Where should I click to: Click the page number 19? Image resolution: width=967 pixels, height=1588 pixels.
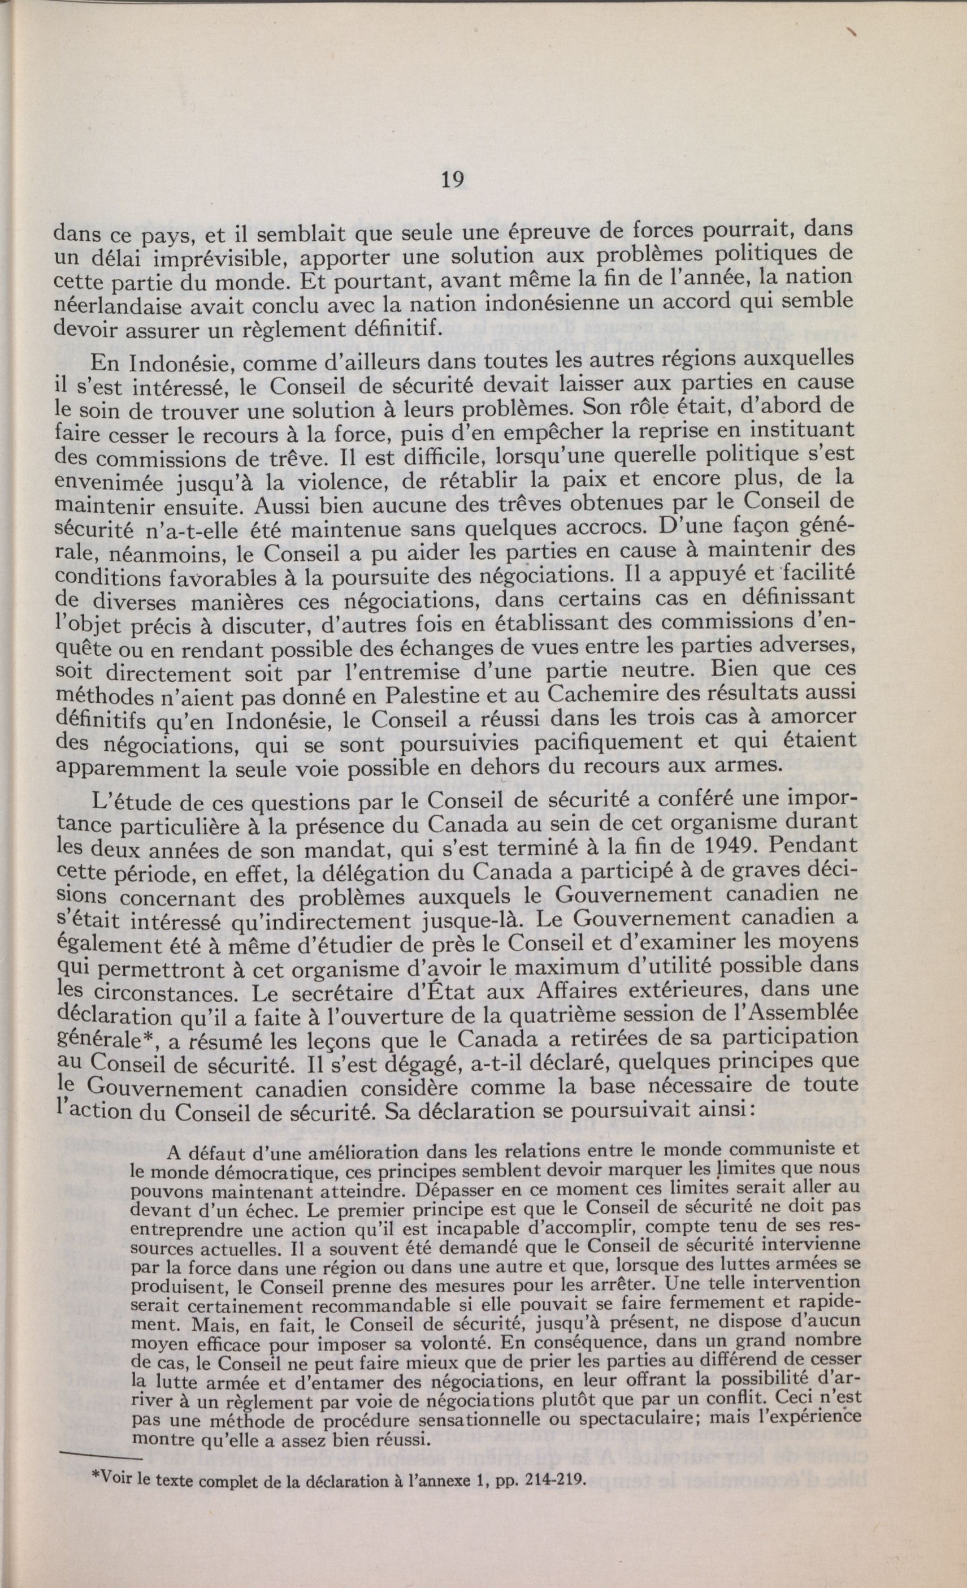click(453, 180)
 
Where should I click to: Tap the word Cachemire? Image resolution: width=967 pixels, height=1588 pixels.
click(602, 694)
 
